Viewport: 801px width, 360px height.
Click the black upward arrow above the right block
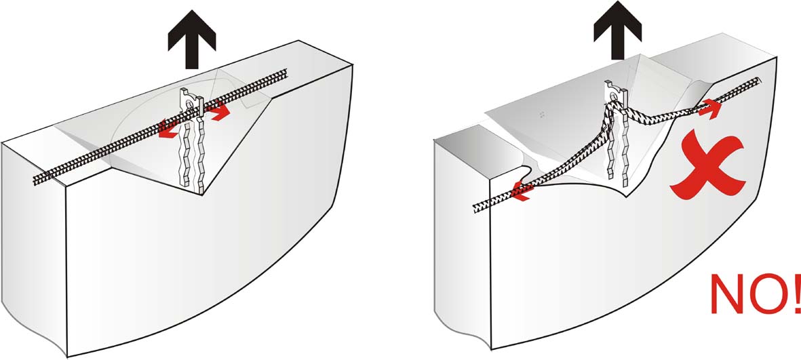pyautogui.click(x=618, y=33)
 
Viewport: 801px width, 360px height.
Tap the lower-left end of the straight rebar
pyautogui.click(x=35, y=180)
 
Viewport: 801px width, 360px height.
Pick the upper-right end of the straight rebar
pyautogui.click(x=286, y=71)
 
